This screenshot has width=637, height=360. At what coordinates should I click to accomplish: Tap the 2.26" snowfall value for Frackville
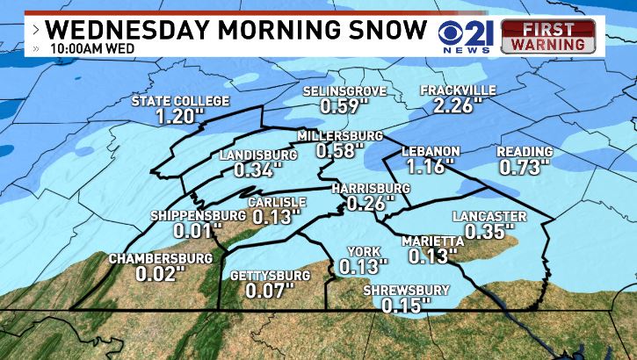pyautogui.click(x=458, y=106)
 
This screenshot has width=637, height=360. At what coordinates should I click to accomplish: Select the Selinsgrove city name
pyautogui.click(x=344, y=91)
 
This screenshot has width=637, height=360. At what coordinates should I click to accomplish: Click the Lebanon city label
pyautogui.click(x=431, y=151)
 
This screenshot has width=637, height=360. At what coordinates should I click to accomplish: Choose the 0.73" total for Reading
pyautogui.click(x=525, y=166)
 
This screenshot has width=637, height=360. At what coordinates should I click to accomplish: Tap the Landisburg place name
pyautogui.click(x=257, y=155)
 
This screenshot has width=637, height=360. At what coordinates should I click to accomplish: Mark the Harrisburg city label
pyautogui.click(x=371, y=189)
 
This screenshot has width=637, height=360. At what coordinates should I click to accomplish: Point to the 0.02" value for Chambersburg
pyautogui.click(x=161, y=273)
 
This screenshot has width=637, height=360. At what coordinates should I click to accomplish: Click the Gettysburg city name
pyautogui.click(x=270, y=276)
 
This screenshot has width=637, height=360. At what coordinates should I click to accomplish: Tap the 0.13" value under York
pyautogui.click(x=363, y=265)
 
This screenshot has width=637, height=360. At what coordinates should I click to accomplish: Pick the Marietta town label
pyautogui.click(x=431, y=241)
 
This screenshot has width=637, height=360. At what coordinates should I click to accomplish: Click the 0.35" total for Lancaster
pyautogui.click(x=490, y=231)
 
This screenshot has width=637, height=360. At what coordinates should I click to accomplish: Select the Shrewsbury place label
pyautogui.click(x=406, y=291)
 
